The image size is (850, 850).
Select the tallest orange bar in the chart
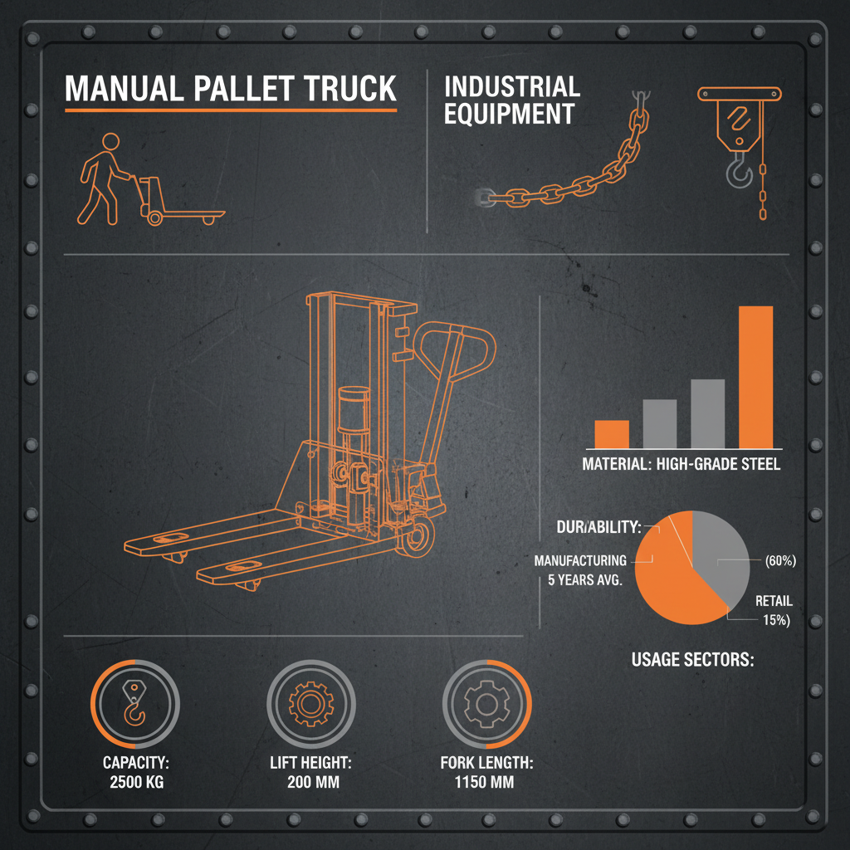click(755, 377)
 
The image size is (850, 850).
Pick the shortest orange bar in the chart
click(612, 433)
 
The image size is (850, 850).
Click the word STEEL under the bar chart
click(756, 465)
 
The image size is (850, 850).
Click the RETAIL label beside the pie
click(774, 601)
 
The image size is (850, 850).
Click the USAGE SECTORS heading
click(692, 661)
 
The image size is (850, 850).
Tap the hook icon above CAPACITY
click(134, 705)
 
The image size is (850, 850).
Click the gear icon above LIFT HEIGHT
click(310, 705)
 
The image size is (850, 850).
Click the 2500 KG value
click(137, 782)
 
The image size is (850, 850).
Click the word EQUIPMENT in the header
click(509, 115)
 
